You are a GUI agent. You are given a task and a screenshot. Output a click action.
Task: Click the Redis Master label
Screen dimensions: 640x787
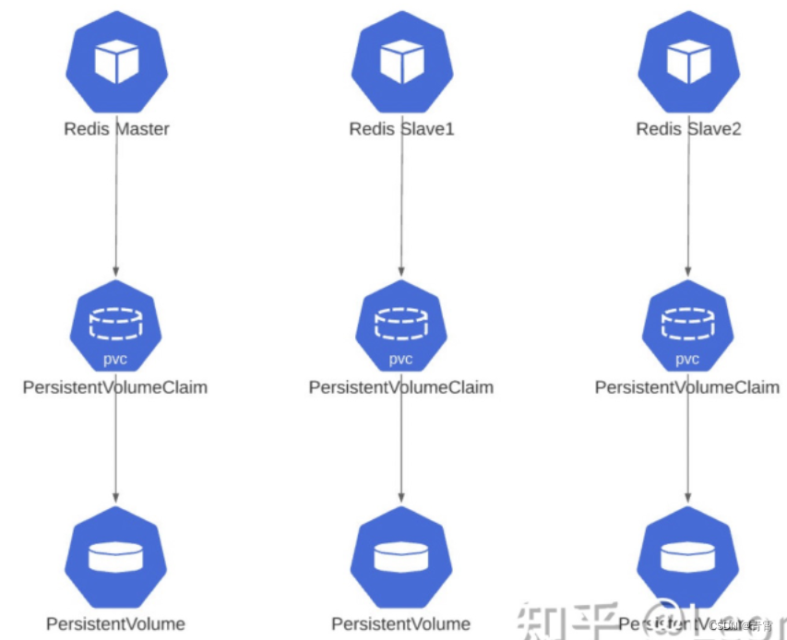coord(116,129)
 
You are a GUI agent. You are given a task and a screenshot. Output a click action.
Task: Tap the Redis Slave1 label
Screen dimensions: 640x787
coord(401,129)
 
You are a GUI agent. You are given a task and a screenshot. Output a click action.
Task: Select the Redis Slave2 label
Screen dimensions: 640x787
coord(688,129)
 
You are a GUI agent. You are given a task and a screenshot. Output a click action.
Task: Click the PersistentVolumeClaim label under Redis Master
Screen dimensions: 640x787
coord(114,387)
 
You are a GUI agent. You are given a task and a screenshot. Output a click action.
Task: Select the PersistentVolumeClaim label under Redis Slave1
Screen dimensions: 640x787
coord(401,387)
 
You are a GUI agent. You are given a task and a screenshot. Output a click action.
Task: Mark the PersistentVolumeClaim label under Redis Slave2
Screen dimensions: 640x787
coord(687,387)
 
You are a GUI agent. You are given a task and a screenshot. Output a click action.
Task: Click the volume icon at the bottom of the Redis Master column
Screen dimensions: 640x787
coord(116,556)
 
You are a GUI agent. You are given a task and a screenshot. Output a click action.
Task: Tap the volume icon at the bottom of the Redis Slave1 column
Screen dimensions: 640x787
coord(401,556)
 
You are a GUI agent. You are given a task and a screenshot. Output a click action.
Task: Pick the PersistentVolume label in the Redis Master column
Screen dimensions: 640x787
coord(116,623)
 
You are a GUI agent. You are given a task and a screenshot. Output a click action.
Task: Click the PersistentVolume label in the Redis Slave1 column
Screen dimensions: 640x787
coord(401,623)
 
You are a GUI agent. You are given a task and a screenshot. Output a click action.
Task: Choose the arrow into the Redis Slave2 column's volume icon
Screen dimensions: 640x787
coord(688,452)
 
